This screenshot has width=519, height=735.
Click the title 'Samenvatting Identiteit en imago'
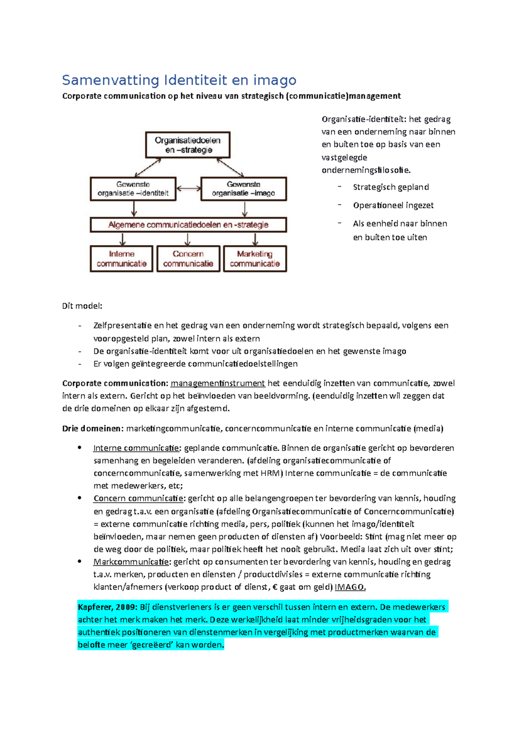[179, 80]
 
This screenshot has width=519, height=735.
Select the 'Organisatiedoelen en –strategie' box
[188, 145]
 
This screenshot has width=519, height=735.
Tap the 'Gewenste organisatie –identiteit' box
[133, 189]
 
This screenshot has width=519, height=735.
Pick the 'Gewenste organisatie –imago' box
[243, 189]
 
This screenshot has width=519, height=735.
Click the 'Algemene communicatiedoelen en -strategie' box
[188, 225]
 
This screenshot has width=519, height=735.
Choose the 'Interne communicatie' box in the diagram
[122, 259]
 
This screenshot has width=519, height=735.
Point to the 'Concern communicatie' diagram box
[188, 259]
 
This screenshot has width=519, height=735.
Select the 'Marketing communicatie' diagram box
[255, 259]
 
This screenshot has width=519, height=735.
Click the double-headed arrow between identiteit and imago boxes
[189, 188]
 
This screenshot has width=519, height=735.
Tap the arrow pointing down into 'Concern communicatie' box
[188, 239]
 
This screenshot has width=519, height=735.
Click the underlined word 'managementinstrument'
[218, 383]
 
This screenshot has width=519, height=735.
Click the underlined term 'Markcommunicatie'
[131, 562]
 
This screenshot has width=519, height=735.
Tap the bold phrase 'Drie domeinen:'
[93, 429]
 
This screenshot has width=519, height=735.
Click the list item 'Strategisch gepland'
[391, 187]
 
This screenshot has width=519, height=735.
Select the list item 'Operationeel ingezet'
[393, 205]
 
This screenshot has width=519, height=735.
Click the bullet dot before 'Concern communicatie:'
[80, 498]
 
